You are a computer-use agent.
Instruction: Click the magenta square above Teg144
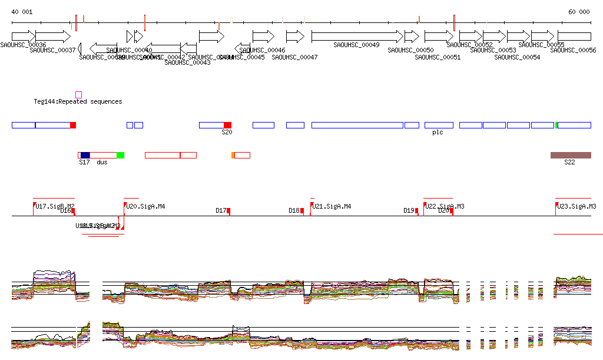point(78,95)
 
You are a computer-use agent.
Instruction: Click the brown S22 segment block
point(570,155)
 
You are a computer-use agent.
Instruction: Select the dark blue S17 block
point(85,155)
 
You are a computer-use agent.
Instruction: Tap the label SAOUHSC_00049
point(356,45)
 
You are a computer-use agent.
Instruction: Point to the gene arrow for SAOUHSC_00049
point(357,36)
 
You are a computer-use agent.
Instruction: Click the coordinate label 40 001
point(22,12)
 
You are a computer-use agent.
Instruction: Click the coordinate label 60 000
point(579,12)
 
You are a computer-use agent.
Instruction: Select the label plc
point(438,133)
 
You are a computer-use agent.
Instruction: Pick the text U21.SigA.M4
point(332,207)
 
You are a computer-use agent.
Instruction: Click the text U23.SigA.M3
point(577,207)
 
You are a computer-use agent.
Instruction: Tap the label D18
point(294,210)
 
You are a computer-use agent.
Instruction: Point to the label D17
point(221,210)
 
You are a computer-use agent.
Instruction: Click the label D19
point(409,210)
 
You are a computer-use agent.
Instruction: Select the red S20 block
point(227,125)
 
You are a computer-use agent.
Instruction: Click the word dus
point(102,162)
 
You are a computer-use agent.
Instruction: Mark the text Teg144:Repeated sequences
point(78,102)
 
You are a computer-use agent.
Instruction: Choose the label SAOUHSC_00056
point(573,51)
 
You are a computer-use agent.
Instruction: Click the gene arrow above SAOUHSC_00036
point(24,36)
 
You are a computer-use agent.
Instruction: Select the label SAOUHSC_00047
point(294,57)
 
